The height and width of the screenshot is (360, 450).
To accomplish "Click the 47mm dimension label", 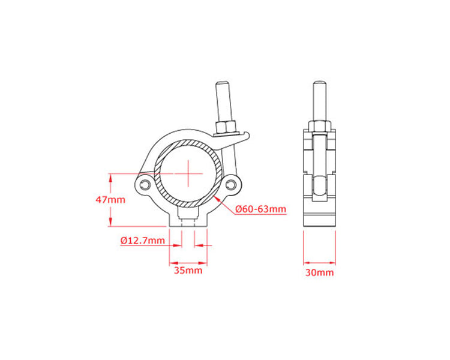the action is pos(110,200).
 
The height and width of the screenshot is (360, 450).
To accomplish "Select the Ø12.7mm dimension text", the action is pos(143,240).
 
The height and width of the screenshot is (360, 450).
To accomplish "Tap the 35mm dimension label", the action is pos(188,271).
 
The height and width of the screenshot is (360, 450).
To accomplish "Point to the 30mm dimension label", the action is pos(319,272).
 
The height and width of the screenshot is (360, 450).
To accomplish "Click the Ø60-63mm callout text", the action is pos(260,209).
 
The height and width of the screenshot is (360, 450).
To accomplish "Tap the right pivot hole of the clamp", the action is pos(230,185).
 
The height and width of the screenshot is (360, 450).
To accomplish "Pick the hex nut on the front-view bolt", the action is pos(226,127).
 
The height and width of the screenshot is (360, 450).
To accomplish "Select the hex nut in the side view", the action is pos(319,127).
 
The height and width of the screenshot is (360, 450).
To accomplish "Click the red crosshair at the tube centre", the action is pos(188,173).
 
